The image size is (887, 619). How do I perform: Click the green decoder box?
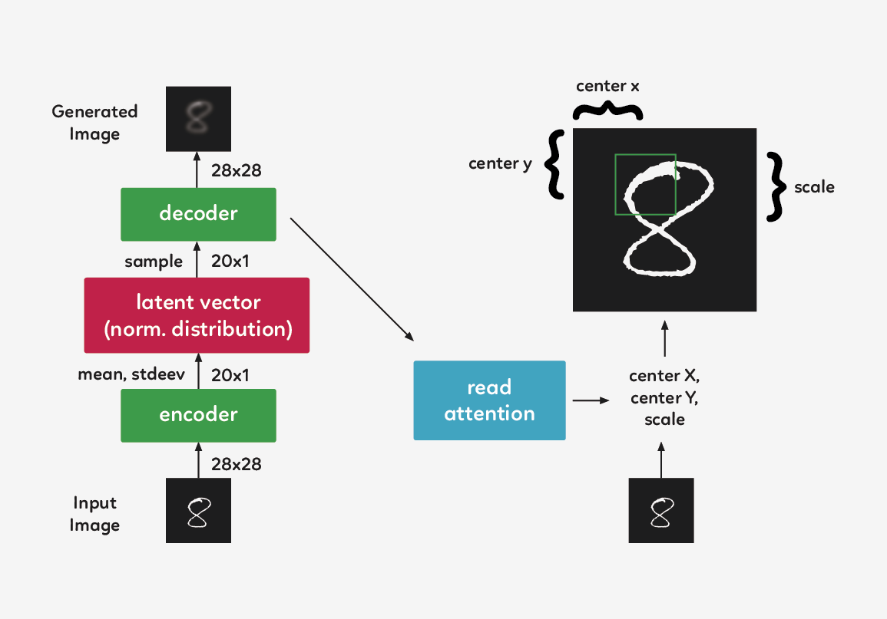(x=198, y=213)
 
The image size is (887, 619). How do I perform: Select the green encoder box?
(x=198, y=415)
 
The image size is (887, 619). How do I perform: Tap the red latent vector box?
(x=197, y=315)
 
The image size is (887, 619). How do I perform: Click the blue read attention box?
(x=489, y=400)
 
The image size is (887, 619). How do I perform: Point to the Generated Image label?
(x=94, y=123)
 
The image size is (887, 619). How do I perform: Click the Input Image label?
(x=94, y=514)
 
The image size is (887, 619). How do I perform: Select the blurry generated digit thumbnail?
(x=198, y=118)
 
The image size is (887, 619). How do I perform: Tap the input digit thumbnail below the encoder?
(x=198, y=511)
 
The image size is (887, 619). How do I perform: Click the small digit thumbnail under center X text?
(x=661, y=511)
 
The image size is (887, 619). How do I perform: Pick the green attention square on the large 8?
(x=645, y=185)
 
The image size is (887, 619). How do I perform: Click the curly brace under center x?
(x=608, y=112)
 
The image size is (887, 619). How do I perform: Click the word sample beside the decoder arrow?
(x=154, y=262)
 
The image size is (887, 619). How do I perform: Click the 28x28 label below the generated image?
(x=236, y=170)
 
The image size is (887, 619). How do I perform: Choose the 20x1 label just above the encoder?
(x=230, y=375)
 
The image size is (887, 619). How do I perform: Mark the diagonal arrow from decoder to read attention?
(x=352, y=280)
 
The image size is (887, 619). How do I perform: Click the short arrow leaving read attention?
(x=590, y=400)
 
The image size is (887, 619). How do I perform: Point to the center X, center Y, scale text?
(x=664, y=397)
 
